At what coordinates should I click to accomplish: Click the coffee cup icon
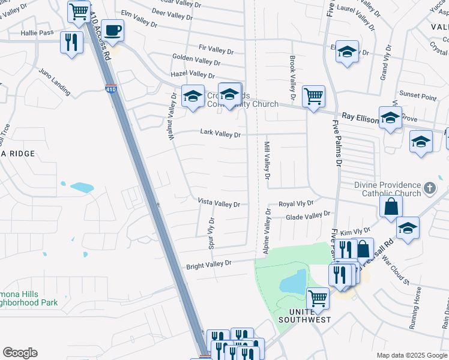[x=112, y=29]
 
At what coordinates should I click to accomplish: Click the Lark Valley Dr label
[x=220, y=134]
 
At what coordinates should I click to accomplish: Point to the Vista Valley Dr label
[x=219, y=204]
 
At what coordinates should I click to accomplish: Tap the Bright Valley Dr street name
[x=208, y=265]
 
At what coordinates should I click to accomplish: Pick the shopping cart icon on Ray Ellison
[x=313, y=95]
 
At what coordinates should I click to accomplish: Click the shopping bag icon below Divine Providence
[x=391, y=207]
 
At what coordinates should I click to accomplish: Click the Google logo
[x=20, y=353]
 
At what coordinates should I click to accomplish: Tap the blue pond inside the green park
[x=293, y=281]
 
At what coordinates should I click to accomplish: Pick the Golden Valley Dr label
[x=196, y=61]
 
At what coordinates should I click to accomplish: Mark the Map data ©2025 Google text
[x=412, y=355]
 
